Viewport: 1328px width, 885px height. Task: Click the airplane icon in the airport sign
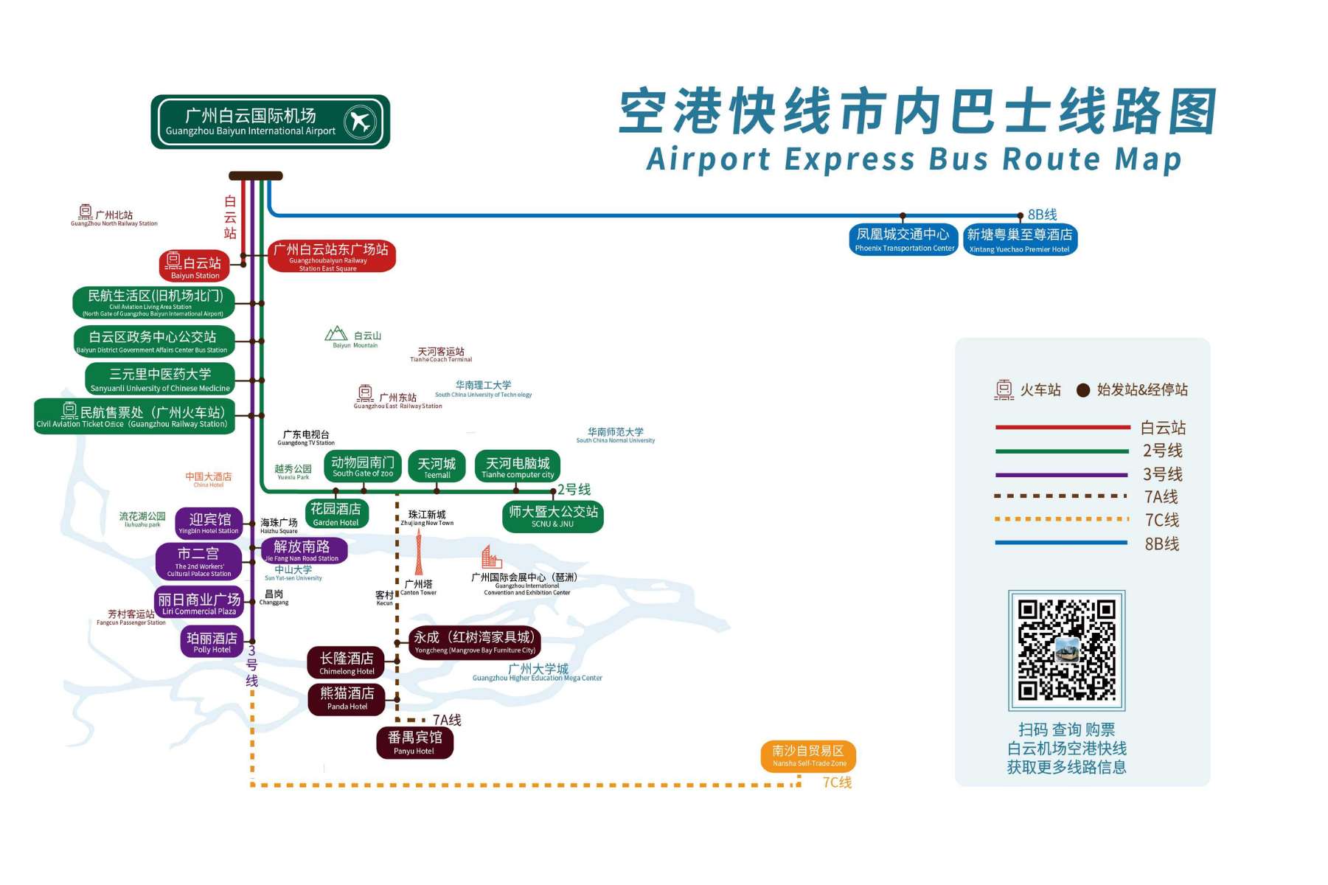(360, 121)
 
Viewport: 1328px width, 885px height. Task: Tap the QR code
(1066, 650)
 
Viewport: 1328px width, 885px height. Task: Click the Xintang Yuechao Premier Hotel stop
(1020, 240)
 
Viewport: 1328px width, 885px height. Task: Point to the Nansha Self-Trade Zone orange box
(808, 756)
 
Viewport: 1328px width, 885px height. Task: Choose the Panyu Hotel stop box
(414, 743)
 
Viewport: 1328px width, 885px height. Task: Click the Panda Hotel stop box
(347, 698)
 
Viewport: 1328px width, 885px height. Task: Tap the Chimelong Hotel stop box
(347, 663)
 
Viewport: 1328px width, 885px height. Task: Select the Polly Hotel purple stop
(212, 642)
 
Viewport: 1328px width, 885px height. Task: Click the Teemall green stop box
(437, 467)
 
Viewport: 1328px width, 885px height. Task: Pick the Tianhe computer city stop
(518, 467)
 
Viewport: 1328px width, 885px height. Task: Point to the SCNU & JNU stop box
(552, 516)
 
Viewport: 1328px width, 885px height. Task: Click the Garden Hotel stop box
(336, 514)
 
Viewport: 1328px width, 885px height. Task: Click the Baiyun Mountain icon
(336, 334)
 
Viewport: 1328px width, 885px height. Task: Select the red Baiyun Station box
(195, 266)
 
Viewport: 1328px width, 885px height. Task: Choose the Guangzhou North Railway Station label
(114, 217)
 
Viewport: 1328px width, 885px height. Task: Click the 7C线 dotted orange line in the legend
(1061, 519)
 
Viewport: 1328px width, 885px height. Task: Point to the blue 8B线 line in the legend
(1061, 543)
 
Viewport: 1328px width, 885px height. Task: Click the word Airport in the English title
(709, 159)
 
